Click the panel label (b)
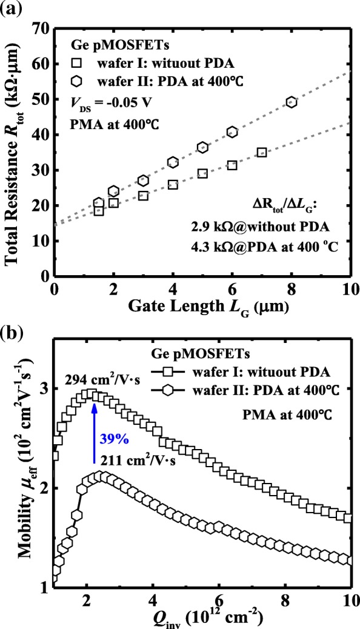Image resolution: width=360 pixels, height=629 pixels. [x=13, y=333]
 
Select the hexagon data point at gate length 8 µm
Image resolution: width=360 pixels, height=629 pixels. [x=292, y=102]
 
